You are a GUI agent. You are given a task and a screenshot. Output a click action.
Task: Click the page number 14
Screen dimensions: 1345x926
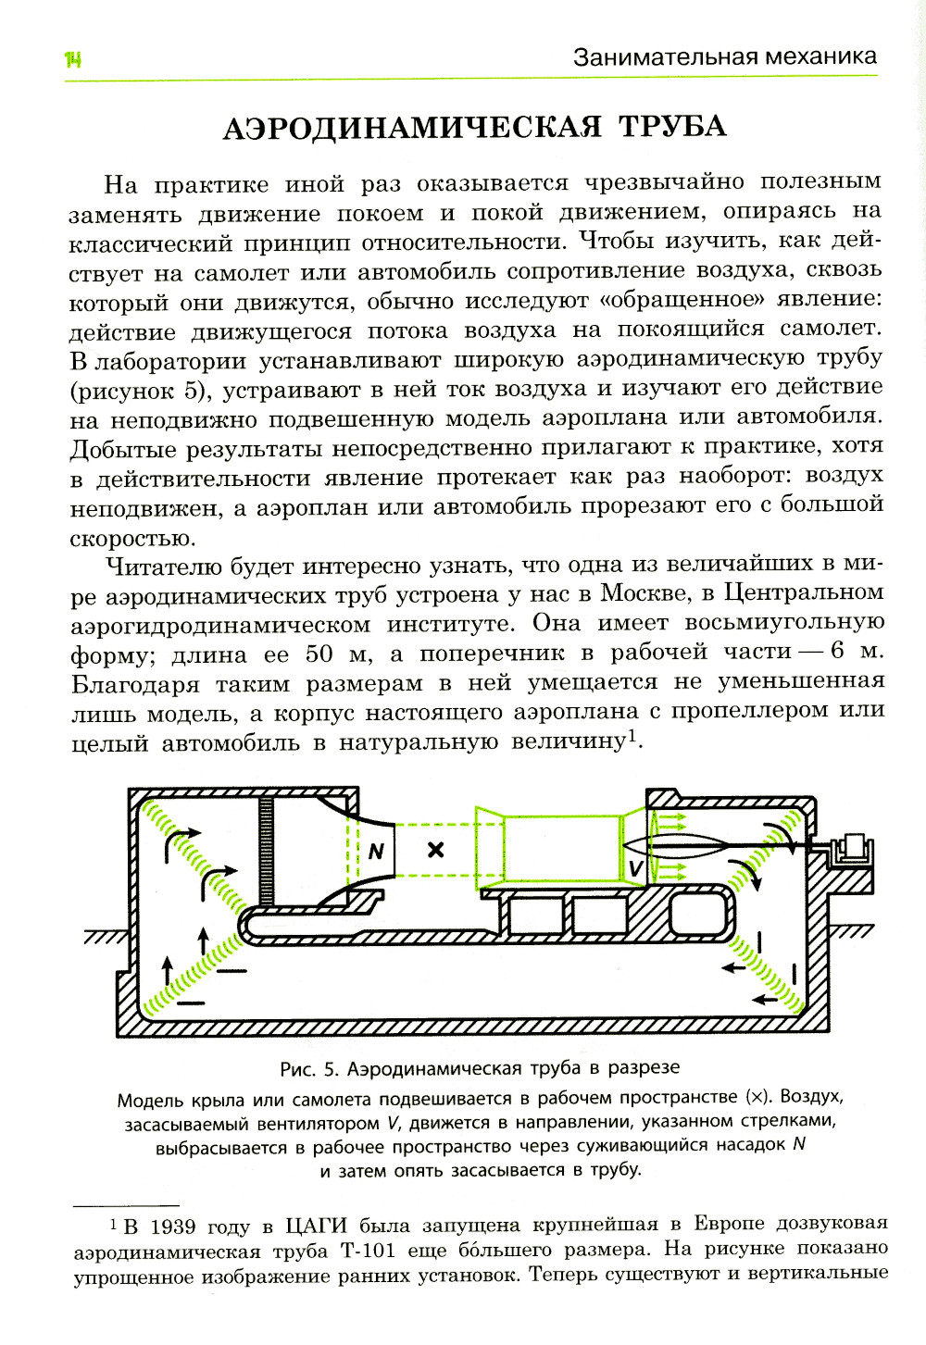click(x=73, y=60)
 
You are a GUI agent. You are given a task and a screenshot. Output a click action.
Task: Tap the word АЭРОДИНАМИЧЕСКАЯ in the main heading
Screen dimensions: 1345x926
click(x=411, y=127)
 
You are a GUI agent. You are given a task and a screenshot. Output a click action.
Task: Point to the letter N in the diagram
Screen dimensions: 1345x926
click(x=375, y=851)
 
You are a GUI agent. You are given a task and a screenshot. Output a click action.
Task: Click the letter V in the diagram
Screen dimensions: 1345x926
click(x=635, y=867)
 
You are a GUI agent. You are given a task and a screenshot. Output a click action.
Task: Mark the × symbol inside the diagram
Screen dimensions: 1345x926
click(x=435, y=849)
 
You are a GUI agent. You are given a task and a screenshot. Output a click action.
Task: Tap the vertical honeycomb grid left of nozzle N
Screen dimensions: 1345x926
click(x=267, y=850)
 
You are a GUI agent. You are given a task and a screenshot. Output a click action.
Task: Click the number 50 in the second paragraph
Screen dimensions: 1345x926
click(x=319, y=654)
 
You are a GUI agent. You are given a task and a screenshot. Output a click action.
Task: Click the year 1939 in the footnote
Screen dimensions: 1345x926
click(x=172, y=1227)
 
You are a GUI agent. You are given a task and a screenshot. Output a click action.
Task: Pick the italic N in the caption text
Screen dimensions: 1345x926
click(x=798, y=1144)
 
